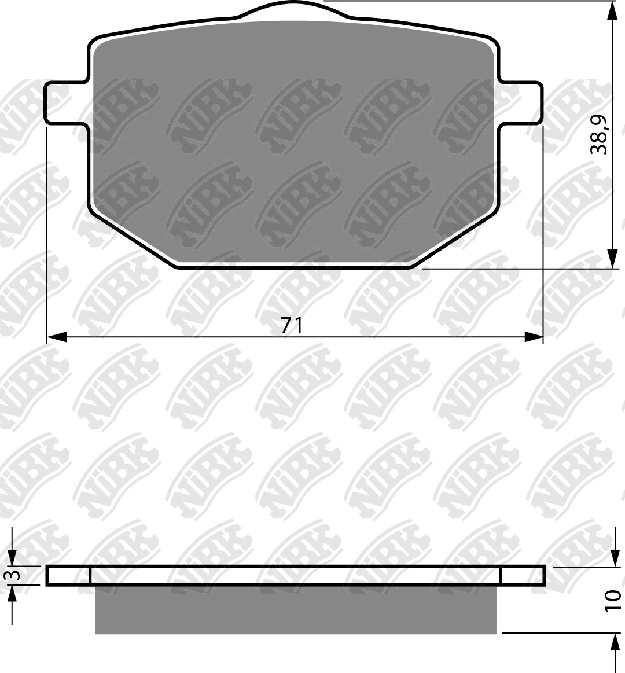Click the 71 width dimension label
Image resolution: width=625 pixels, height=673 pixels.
(x=292, y=326)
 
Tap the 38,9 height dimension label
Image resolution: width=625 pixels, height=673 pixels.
(x=599, y=134)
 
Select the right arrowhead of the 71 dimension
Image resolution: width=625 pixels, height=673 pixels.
(x=533, y=337)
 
